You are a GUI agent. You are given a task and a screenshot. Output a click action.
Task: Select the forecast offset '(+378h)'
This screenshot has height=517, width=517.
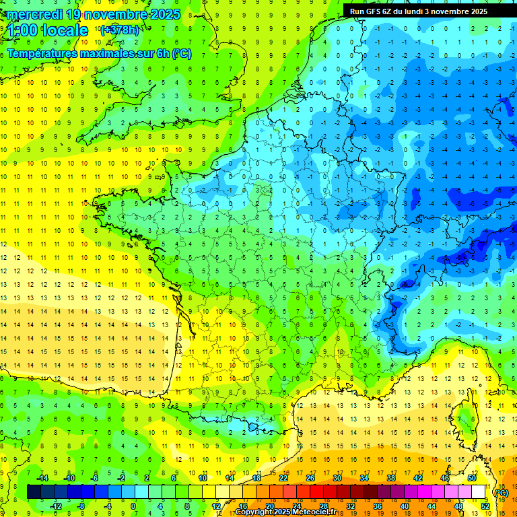point(119,30)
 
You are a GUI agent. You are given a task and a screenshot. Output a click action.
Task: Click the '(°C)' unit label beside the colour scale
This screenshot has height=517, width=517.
point(501,492)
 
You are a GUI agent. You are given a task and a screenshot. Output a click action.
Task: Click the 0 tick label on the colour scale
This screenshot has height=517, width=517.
point(133,506)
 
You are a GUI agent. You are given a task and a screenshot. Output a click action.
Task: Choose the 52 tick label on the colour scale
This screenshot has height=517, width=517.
point(485,506)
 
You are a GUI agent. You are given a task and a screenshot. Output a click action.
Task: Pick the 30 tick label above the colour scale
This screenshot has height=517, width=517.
point(337,478)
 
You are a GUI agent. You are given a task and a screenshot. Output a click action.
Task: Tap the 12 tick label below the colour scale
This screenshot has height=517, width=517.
point(215,506)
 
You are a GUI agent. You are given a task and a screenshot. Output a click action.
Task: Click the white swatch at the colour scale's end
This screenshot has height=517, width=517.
point(479,492)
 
